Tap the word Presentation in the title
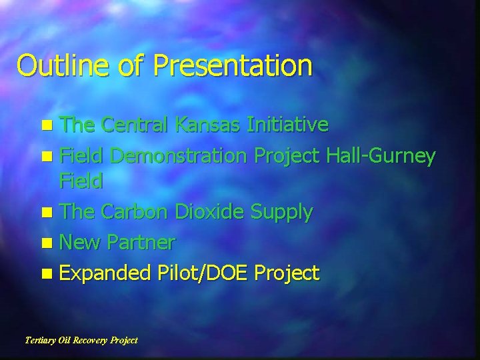[x=233, y=66]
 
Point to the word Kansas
[x=209, y=124]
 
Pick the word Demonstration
[x=179, y=156]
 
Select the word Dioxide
[x=209, y=212]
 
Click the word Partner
[x=143, y=243]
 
